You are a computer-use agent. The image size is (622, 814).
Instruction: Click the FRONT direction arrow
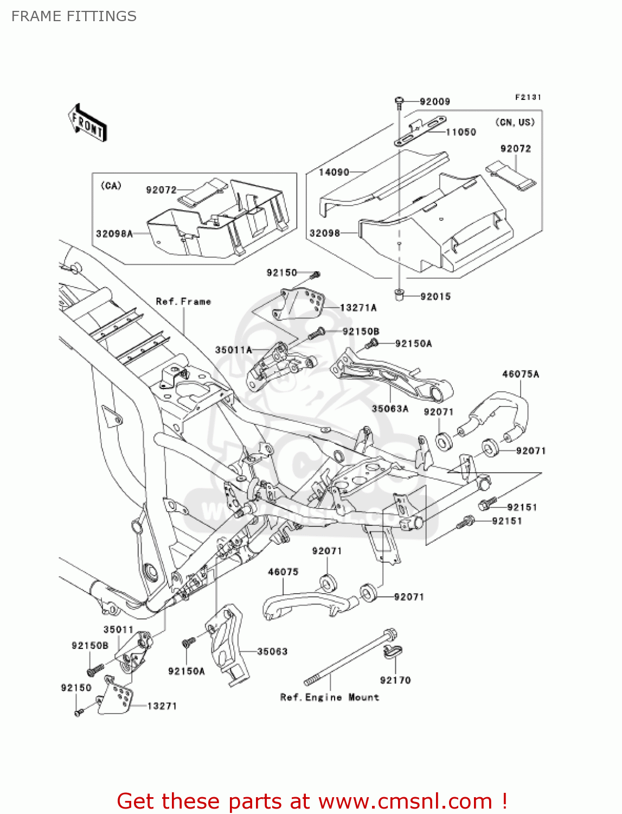point(87,123)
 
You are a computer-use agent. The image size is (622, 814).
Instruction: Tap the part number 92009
point(435,101)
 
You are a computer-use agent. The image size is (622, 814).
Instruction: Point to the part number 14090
point(334,172)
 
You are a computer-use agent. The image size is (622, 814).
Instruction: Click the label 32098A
point(114,234)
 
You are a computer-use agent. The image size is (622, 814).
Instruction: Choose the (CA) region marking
point(111,186)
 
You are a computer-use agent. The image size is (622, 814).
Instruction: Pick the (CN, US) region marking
point(515,122)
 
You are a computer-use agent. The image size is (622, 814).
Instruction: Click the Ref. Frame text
point(183,301)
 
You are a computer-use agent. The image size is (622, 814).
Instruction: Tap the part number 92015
point(435,296)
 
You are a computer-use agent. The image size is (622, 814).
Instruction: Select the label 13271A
point(358,308)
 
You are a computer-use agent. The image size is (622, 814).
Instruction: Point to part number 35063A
point(390,409)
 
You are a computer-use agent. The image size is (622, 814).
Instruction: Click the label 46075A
point(521,374)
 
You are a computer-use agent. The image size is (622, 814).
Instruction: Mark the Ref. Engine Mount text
point(330,697)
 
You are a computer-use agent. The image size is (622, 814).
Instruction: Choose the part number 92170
point(395,680)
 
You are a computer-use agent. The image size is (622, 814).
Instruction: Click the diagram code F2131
point(528,97)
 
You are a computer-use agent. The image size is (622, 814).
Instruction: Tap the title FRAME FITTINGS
point(74,16)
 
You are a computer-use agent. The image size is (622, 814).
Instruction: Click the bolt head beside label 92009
point(399,100)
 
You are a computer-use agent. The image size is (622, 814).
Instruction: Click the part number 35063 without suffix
point(272,651)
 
